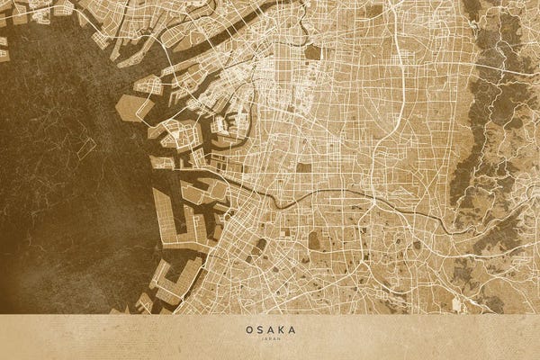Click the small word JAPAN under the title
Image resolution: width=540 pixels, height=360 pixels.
coord(270,339)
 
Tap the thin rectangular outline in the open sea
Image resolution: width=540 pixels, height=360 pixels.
coord(85,148)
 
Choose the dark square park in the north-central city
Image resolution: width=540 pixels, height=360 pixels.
coord(312,52)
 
